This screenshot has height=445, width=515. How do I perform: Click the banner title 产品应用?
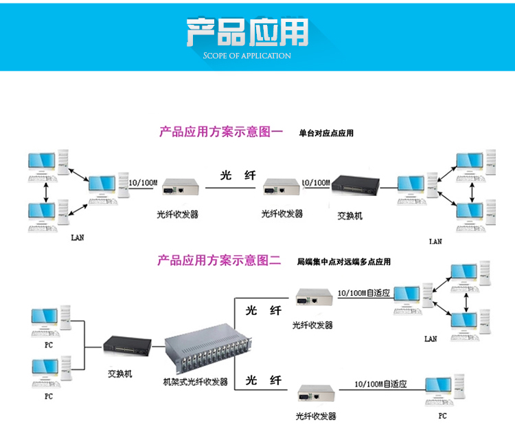[247, 32]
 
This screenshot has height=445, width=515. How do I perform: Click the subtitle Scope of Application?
[247, 56]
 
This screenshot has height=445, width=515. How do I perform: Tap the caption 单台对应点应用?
[326, 133]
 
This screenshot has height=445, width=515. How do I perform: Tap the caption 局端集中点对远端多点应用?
[343, 262]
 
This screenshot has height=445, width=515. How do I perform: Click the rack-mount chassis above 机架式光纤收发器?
[208, 351]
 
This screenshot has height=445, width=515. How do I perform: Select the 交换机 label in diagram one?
[350, 216]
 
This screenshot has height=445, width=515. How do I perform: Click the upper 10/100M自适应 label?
[364, 293]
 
